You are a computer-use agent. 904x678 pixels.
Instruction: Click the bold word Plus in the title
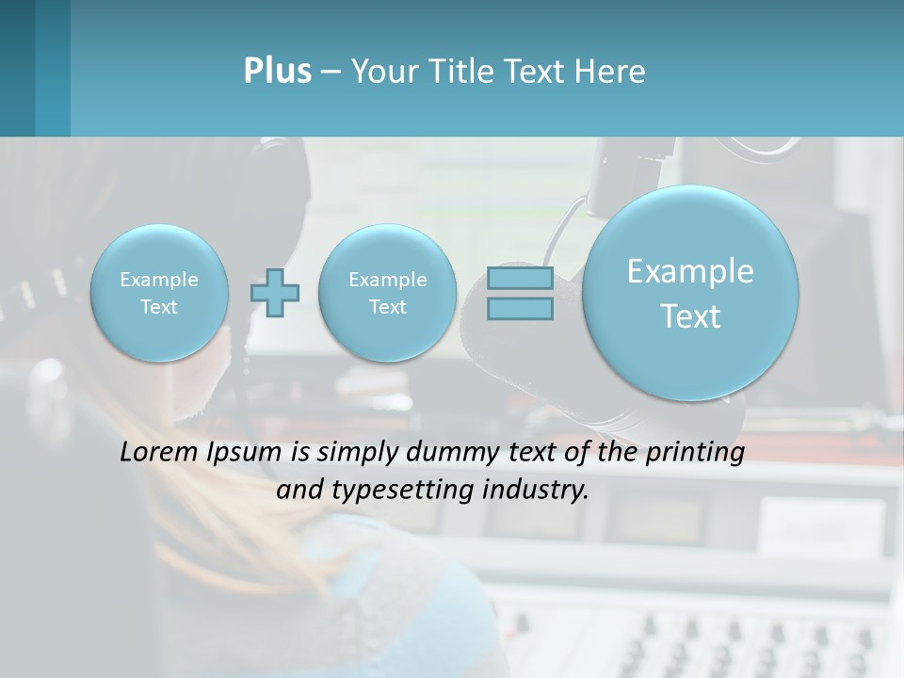tap(277, 72)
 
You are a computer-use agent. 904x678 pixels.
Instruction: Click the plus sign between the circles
tap(275, 293)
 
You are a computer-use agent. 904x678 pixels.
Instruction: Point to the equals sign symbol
tap(520, 293)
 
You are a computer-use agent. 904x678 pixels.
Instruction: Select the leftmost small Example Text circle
tap(159, 293)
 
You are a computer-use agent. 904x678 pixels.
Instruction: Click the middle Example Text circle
tap(387, 293)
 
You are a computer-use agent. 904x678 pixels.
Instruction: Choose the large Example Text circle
tap(690, 293)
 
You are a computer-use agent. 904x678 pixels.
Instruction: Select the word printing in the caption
tap(698, 453)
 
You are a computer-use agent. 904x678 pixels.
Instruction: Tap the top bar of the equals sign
tap(520, 279)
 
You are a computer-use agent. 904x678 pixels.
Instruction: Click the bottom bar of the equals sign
tap(520, 308)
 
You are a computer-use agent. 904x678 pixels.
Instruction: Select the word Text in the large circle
tap(690, 316)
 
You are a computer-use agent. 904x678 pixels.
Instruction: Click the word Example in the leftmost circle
tap(159, 280)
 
